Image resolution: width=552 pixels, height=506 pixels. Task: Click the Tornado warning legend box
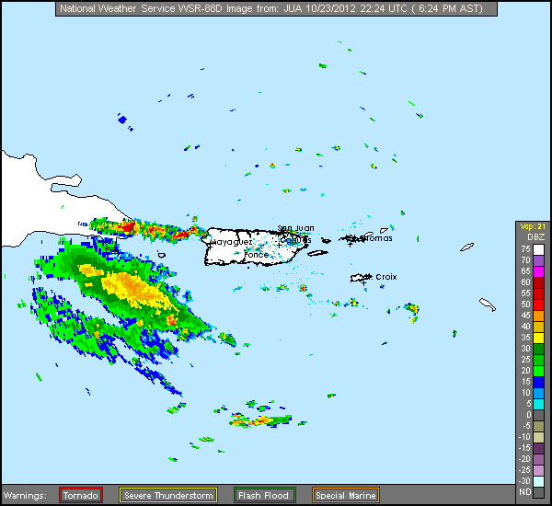(80, 495)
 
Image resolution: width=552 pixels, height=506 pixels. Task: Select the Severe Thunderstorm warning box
(168, 495)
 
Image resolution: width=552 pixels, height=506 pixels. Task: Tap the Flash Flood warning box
(264, 495)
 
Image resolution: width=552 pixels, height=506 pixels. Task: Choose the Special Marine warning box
(345, 495)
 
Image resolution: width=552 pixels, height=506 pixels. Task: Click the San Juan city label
(296, 228)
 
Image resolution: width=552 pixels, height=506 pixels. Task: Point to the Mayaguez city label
(232, 242)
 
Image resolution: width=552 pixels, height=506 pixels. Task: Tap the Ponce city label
(257, 255)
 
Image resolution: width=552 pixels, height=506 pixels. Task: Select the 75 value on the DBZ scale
(524, 249)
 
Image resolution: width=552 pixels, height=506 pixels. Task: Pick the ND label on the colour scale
(524, 491)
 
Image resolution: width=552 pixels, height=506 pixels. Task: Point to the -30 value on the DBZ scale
(524, 480)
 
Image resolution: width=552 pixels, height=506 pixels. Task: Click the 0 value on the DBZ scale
(524, 414)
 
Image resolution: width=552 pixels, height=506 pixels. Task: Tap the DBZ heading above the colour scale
(536, 237)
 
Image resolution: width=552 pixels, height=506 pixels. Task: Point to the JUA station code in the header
(282, 9)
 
